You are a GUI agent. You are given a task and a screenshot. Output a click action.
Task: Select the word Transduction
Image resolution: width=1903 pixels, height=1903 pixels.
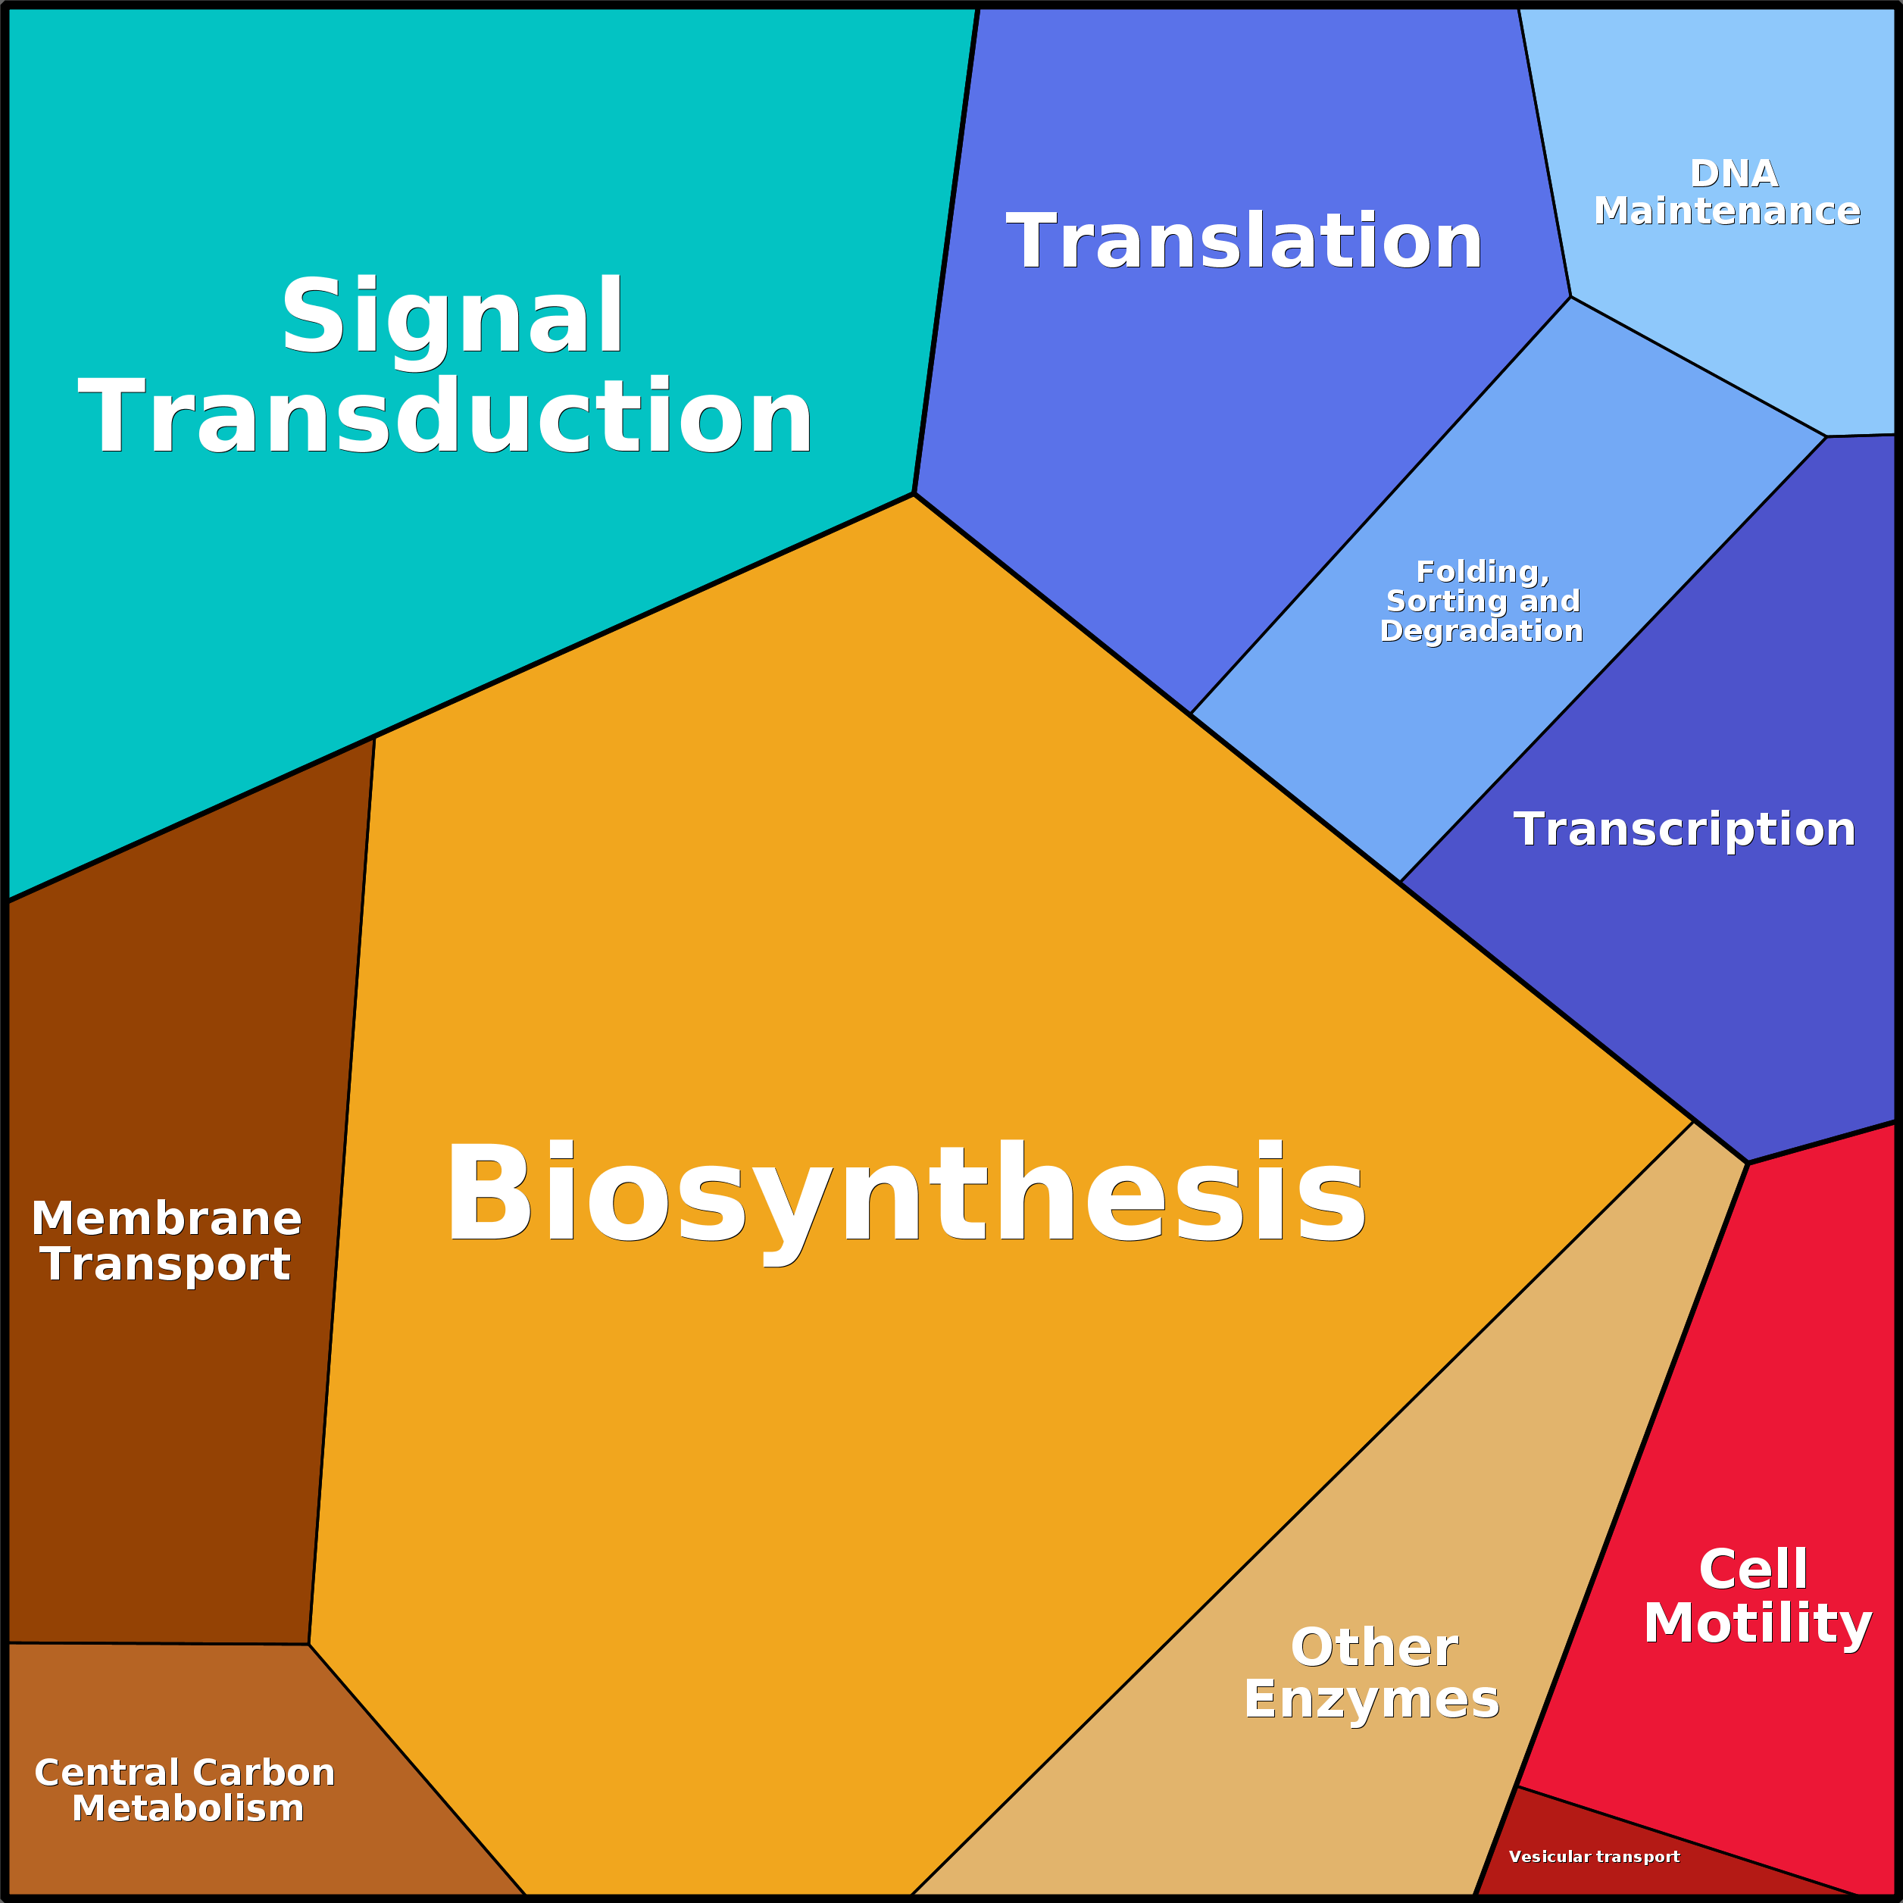[446, 416]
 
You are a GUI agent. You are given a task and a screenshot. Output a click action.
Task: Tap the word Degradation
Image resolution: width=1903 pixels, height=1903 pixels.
[1482, 630]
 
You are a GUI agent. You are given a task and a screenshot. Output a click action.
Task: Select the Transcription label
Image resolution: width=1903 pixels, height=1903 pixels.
[1684, 830]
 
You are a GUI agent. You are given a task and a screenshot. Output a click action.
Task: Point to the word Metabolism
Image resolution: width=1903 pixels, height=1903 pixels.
[188, 1808]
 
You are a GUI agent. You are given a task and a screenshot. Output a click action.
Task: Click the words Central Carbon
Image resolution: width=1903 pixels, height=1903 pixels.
[185, 1772]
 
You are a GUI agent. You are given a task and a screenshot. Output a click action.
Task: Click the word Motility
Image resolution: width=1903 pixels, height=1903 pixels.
[1758, 1623]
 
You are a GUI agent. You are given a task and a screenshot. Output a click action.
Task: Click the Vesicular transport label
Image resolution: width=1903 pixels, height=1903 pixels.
[1594, 1857]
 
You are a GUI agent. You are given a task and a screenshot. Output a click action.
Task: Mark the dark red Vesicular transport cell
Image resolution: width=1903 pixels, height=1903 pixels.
[1615, 1851]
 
